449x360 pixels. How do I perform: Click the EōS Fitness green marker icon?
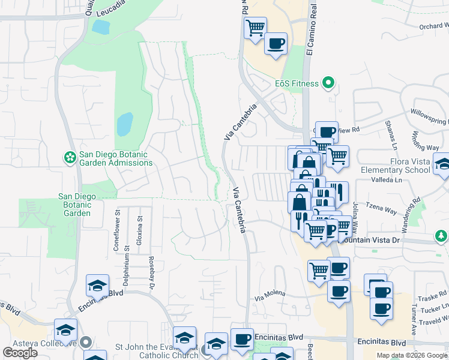(x=328, y=83)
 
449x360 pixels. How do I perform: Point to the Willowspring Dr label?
(x=429, y=116)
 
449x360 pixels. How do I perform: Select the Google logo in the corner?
(x=20, y=352)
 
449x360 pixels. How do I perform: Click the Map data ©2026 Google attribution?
(x=411, y=355)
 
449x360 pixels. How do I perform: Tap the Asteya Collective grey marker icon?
(x=85, y=343)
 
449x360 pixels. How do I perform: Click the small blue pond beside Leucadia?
(x=101, y=26)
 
